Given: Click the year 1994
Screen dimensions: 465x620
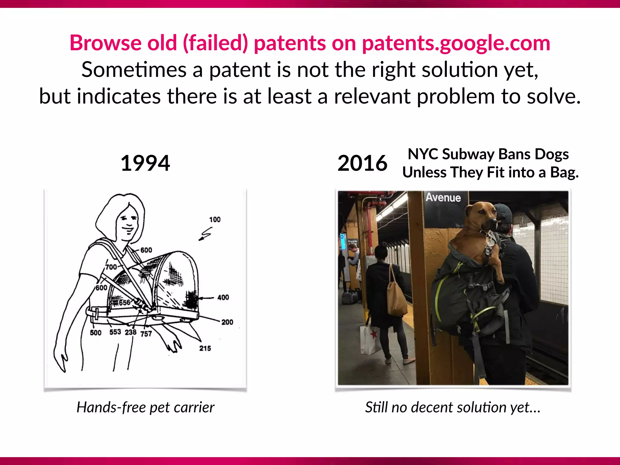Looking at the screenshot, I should tap(145, 163).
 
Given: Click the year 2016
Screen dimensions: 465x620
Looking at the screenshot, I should tap(362, 163).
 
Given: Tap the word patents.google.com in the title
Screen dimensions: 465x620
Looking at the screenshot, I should tap(456, 43).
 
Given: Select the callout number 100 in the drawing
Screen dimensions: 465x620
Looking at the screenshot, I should tap(215, 219).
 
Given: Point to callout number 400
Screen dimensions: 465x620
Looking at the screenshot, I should tap(223, 297).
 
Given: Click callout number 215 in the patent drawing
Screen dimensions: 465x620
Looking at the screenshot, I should tap(205, 348).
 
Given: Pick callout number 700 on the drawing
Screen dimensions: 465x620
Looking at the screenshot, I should tap(111, 267).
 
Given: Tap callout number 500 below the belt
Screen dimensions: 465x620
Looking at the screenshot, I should tap(95, 333).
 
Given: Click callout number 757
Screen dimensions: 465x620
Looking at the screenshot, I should tap(146, 334).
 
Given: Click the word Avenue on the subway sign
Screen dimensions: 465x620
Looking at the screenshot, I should tap(443, 197).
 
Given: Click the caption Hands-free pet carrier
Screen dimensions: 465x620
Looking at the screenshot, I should tap(145, 407).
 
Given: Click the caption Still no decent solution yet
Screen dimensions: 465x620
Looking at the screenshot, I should tap(453, 407).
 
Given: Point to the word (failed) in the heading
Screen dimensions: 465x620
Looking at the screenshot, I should tap(215, 43).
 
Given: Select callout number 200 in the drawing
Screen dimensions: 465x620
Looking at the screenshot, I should tap(227, 322).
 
